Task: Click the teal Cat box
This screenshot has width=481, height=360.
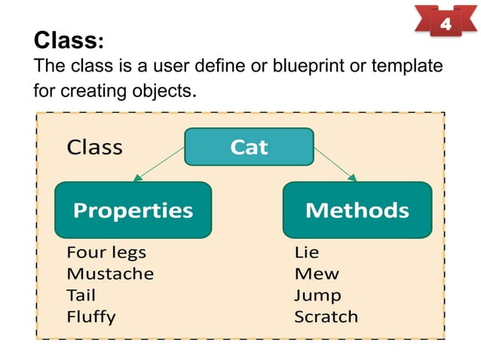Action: click(249, 147)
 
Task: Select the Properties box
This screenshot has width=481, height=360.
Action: click(133, 209)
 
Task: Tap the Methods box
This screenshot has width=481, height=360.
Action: click(357, 209)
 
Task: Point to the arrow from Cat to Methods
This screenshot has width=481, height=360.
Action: click(333, 163)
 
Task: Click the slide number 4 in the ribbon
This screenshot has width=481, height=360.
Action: click(445, 25)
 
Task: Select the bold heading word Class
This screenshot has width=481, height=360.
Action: click(66, 39)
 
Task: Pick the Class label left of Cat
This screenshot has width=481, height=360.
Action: click(94, 147)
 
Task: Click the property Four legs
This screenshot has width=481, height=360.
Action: click(106, 252)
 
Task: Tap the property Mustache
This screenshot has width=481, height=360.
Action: click(110, 273)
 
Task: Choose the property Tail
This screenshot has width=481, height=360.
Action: click(81, 295)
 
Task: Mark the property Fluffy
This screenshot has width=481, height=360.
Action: click(91, 316)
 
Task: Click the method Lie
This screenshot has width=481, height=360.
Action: click(307, 252)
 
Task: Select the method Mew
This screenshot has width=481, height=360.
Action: click(317, 273)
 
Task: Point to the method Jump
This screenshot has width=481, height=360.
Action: click(317, 295)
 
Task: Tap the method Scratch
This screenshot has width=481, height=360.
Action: click(326, 316)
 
